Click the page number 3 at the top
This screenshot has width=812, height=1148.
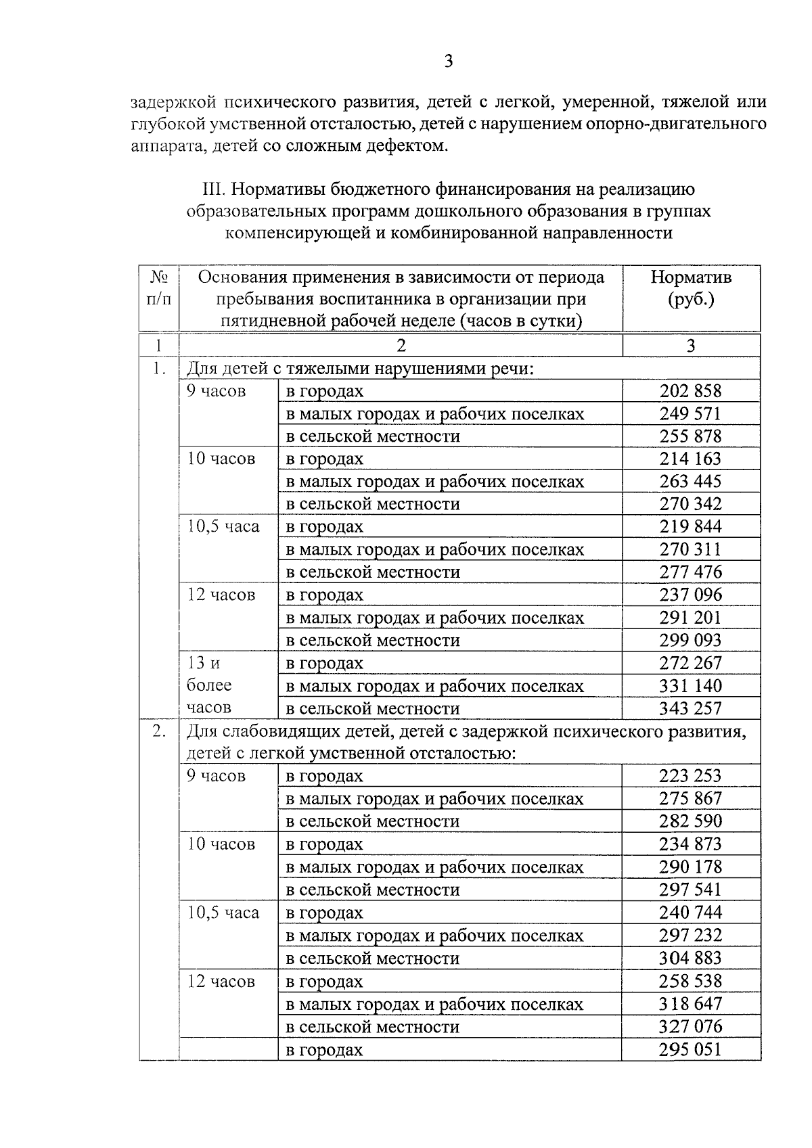[448, 62]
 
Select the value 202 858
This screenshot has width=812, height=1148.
[690, 391]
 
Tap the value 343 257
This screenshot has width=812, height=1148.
[690, 708]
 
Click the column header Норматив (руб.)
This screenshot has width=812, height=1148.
[690, 288]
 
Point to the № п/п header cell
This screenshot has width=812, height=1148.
[158, 288]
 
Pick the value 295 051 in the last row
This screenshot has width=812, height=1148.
[690, 1050]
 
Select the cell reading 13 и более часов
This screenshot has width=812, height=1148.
[209, 685]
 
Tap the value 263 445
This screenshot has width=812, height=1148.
[690, 482]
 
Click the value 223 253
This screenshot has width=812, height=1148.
[690, 776]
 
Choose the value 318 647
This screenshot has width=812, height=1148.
[690, 1004]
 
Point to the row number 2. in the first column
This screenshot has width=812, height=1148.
[158, 731]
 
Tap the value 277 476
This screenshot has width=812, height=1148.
[690, 572]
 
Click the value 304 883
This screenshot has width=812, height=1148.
[690, 959]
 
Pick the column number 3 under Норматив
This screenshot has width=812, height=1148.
[690, 346]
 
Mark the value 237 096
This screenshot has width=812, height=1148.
[690, 595]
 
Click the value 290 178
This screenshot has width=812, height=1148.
[690, 867]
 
